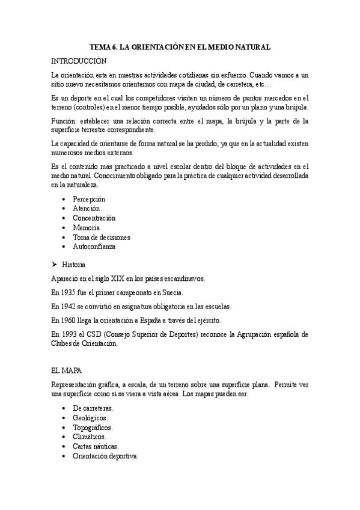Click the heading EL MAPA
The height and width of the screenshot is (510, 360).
(x=67, y=369)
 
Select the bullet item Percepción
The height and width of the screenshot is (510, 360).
(x=89, y=198)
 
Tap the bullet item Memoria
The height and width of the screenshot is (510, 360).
(x=86, y=227)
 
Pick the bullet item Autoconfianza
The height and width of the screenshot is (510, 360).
(x=94, y=247)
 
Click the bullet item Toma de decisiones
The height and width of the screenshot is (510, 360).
(x=101, y=237)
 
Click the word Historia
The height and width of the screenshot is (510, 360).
(x=74, y=265)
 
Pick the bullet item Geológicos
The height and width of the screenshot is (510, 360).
(x=90, y=417)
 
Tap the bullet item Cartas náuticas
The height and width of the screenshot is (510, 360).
(x=96, y=446)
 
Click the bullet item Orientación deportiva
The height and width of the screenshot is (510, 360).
(x=105, y=456)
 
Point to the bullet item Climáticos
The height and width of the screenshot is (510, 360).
(x=89, y=437)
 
